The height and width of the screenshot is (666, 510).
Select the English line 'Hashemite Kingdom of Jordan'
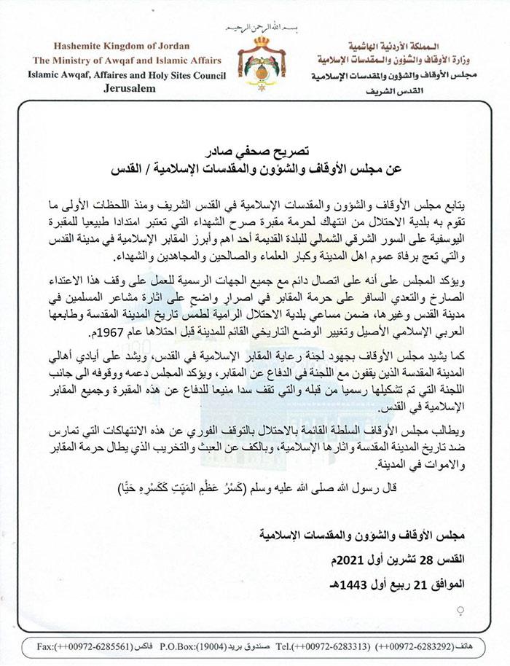(127, 47)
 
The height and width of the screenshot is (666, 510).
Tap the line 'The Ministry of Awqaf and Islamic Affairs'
(127, 60)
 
